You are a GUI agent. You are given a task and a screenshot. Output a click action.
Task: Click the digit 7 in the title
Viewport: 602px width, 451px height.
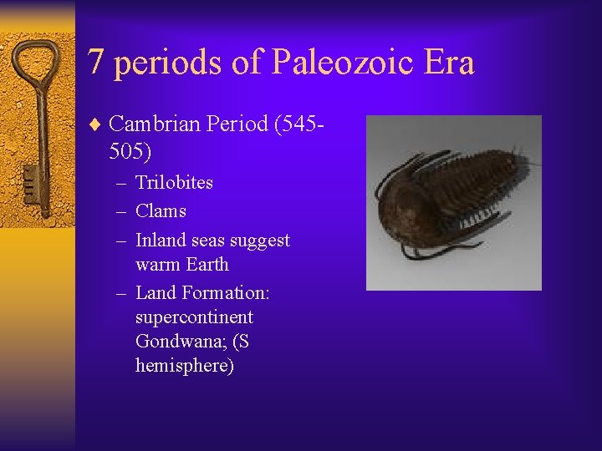point(98,63)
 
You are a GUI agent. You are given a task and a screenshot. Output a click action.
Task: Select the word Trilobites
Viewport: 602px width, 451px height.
point(174,182)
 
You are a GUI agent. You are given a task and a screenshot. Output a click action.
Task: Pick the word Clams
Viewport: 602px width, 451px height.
point(161,211)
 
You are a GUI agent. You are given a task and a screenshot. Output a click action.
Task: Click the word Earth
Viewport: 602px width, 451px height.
point(205,265)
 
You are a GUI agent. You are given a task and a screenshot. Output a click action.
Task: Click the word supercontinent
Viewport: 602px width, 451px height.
point(194,317)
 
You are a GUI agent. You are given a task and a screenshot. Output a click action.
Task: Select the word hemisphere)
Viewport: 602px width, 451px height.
point(185,366)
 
